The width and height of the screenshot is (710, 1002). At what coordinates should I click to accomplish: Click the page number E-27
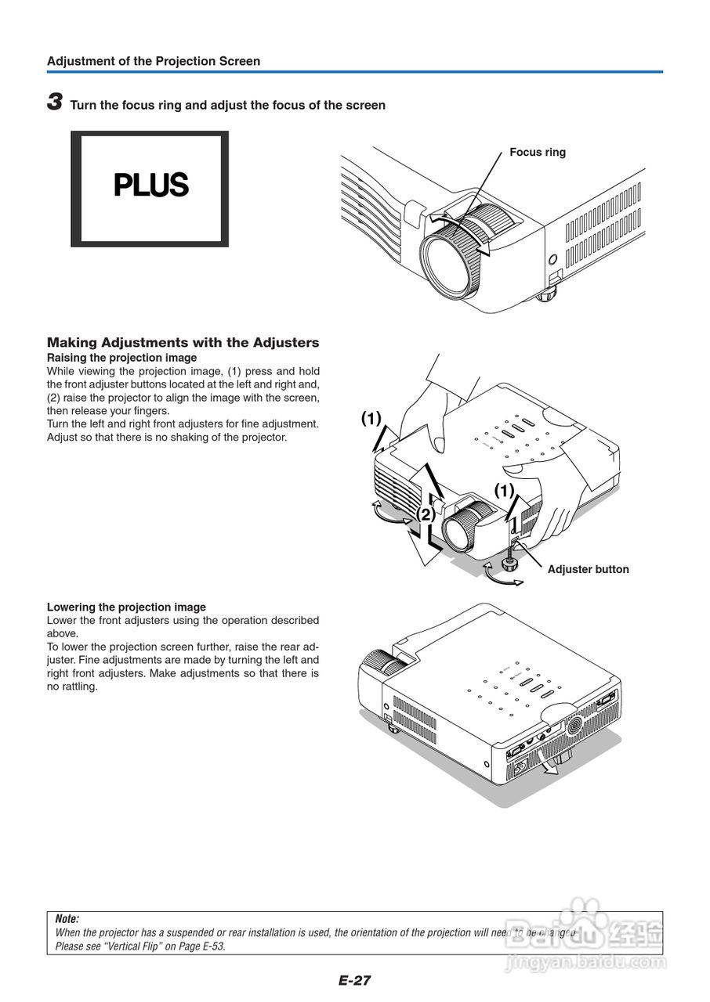click(354, 980)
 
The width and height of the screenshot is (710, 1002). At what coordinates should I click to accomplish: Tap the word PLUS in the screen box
click(151, 186)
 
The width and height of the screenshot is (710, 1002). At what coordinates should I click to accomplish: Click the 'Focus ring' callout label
click(537, 152)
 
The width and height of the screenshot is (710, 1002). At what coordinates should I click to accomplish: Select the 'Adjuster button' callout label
click(588, 569)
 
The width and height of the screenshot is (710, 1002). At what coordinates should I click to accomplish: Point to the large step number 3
click(55, 102)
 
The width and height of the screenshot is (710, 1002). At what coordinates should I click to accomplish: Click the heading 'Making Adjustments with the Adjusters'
click(183, 342)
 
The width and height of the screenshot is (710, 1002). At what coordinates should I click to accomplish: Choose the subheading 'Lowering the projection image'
click(126, 607)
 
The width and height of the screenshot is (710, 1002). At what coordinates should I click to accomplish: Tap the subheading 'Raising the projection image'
click(121, 358)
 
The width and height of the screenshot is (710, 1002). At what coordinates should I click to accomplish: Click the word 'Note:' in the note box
click(67, 919)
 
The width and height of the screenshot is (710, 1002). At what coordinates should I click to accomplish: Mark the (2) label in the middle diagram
click(425, 514)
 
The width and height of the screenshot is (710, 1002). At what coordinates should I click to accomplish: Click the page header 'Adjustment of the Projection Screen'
click(154, 61)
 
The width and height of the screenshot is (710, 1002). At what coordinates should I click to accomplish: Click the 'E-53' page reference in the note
click(209, 946)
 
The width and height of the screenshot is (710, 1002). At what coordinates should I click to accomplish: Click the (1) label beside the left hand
click(371, 418)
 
